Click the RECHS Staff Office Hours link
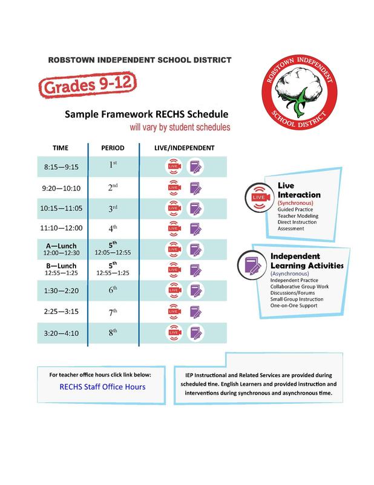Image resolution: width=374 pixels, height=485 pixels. click(102, 386)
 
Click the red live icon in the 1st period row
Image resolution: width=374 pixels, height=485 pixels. click(174, 166)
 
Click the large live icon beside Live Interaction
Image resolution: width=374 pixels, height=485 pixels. click(258, 198)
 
